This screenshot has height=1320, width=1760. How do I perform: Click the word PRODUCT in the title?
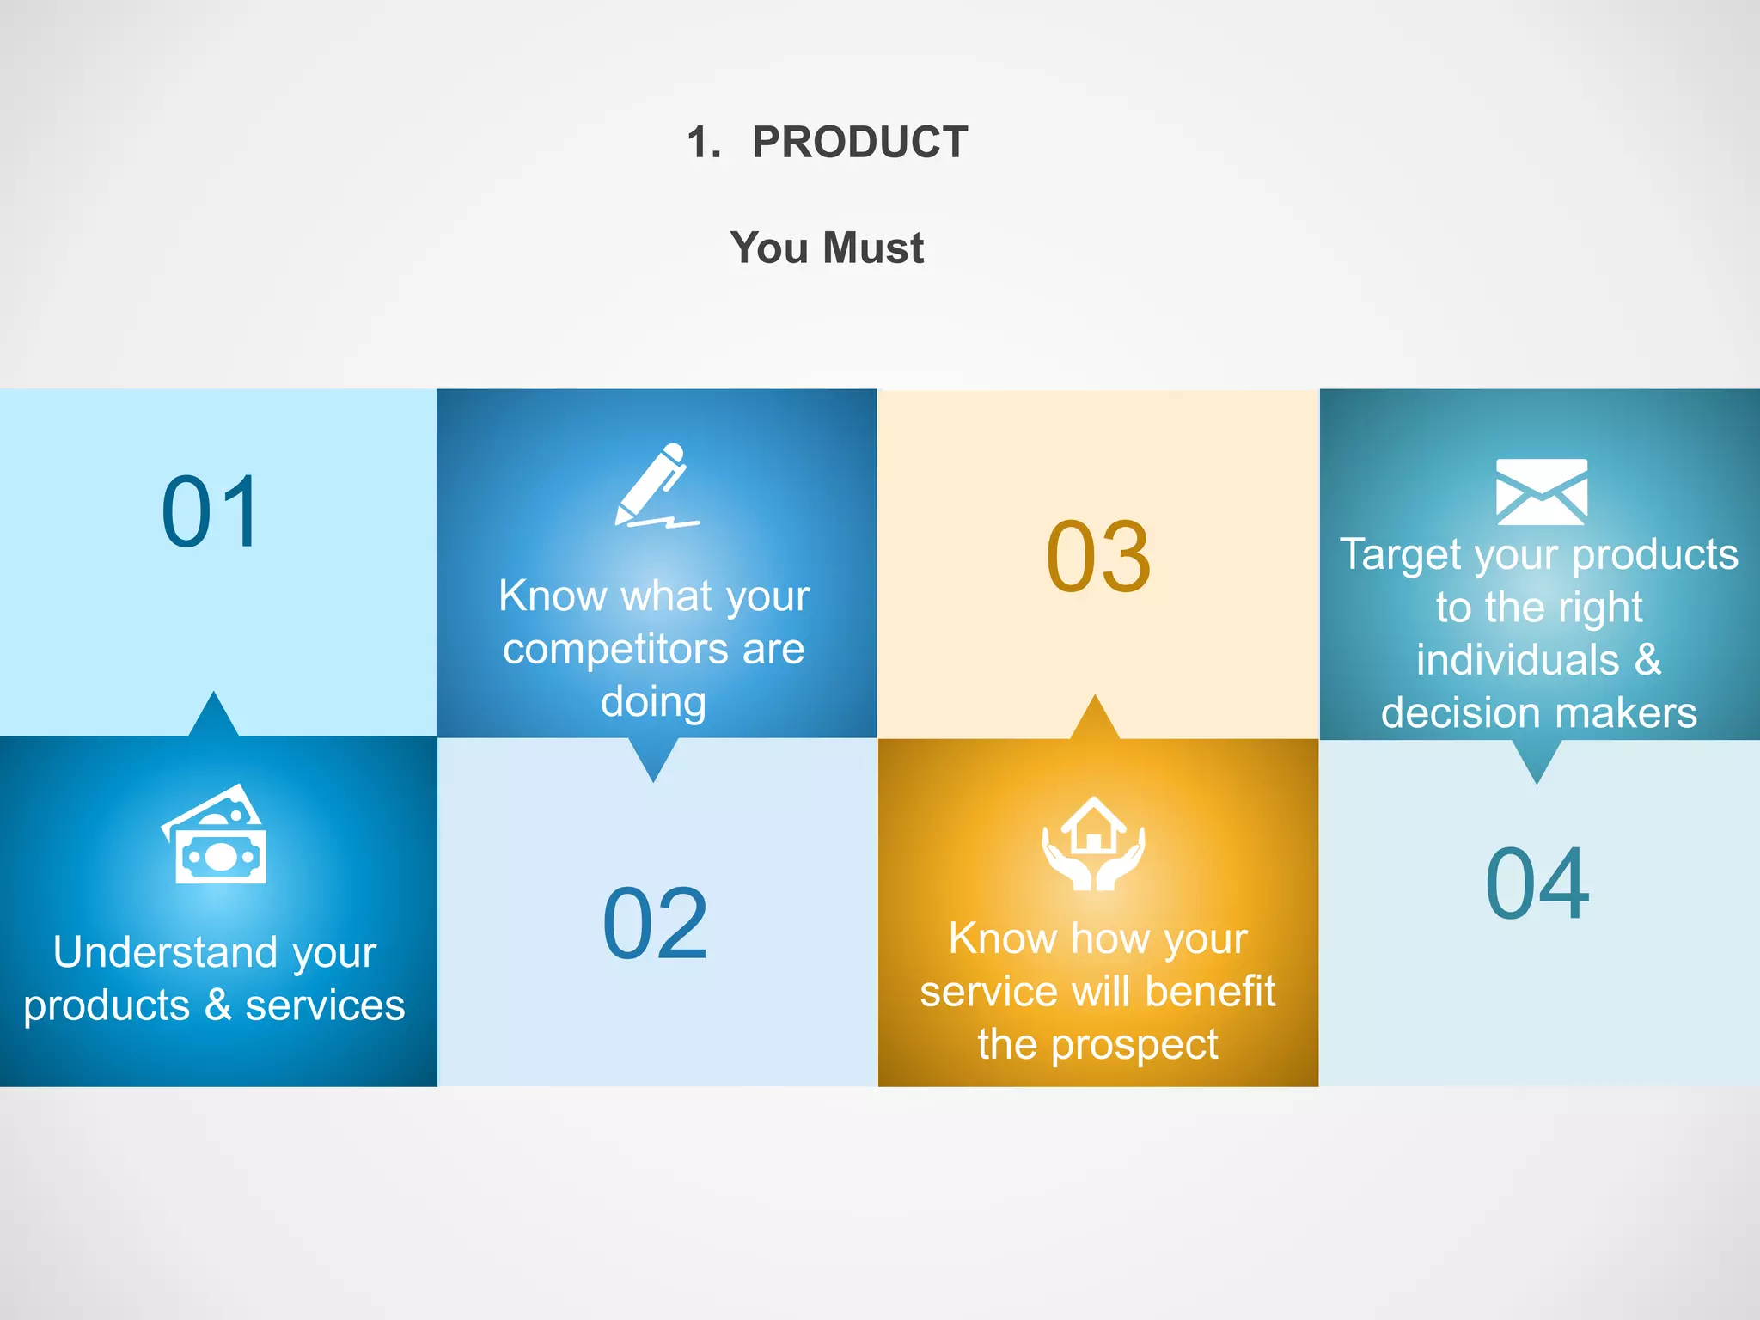859,142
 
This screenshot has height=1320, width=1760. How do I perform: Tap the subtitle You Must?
827,247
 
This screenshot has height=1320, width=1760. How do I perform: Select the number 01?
211,512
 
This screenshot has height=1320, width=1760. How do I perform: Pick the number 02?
655,924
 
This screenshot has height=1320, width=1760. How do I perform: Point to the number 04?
1537,883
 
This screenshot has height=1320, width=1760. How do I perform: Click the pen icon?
655,486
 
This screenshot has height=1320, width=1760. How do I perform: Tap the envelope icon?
1541,492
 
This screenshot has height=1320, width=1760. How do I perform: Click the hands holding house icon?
1093,844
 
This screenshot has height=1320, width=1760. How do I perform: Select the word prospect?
1134,1045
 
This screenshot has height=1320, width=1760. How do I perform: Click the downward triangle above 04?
1537,760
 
